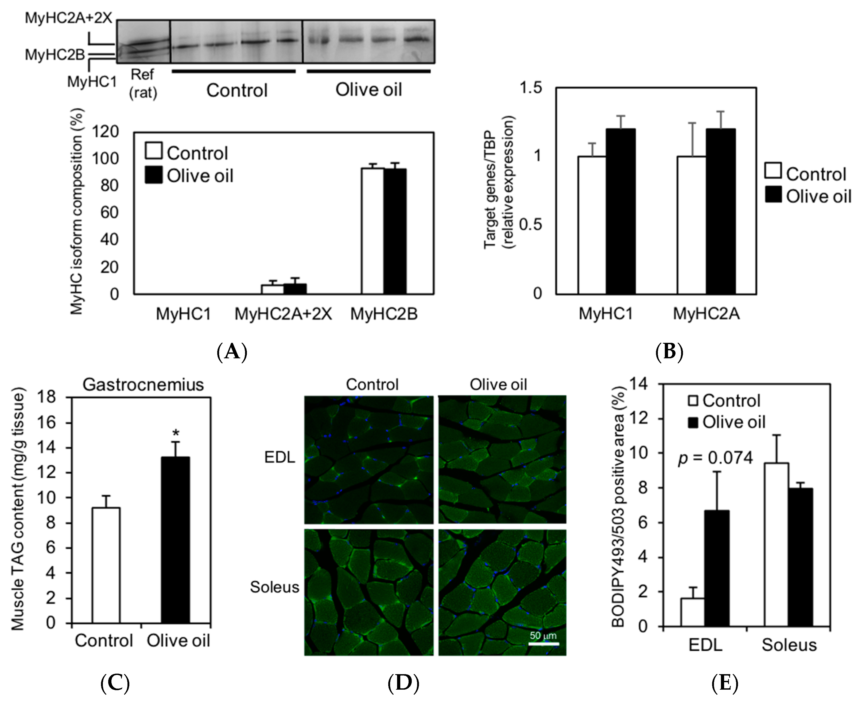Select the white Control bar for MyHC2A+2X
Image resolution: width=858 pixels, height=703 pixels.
[x=272, y=289]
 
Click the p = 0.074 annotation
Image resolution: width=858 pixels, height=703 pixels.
[x=715, y=458]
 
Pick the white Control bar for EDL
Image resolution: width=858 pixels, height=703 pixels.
[x=692, y=612]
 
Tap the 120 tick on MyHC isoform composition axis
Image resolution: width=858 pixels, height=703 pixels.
[x=105, y=132]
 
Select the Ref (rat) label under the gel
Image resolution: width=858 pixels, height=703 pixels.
[x=143, y=84]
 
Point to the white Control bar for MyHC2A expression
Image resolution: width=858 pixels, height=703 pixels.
[x=692, y=225]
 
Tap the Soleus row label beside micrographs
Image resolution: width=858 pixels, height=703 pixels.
[x=274, y=587]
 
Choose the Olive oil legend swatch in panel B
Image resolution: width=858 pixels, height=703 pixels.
[x=773, y=194]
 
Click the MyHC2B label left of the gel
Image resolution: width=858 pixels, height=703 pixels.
[x=55, y=54]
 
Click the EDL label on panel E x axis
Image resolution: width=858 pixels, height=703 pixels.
[x=705, y=645]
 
